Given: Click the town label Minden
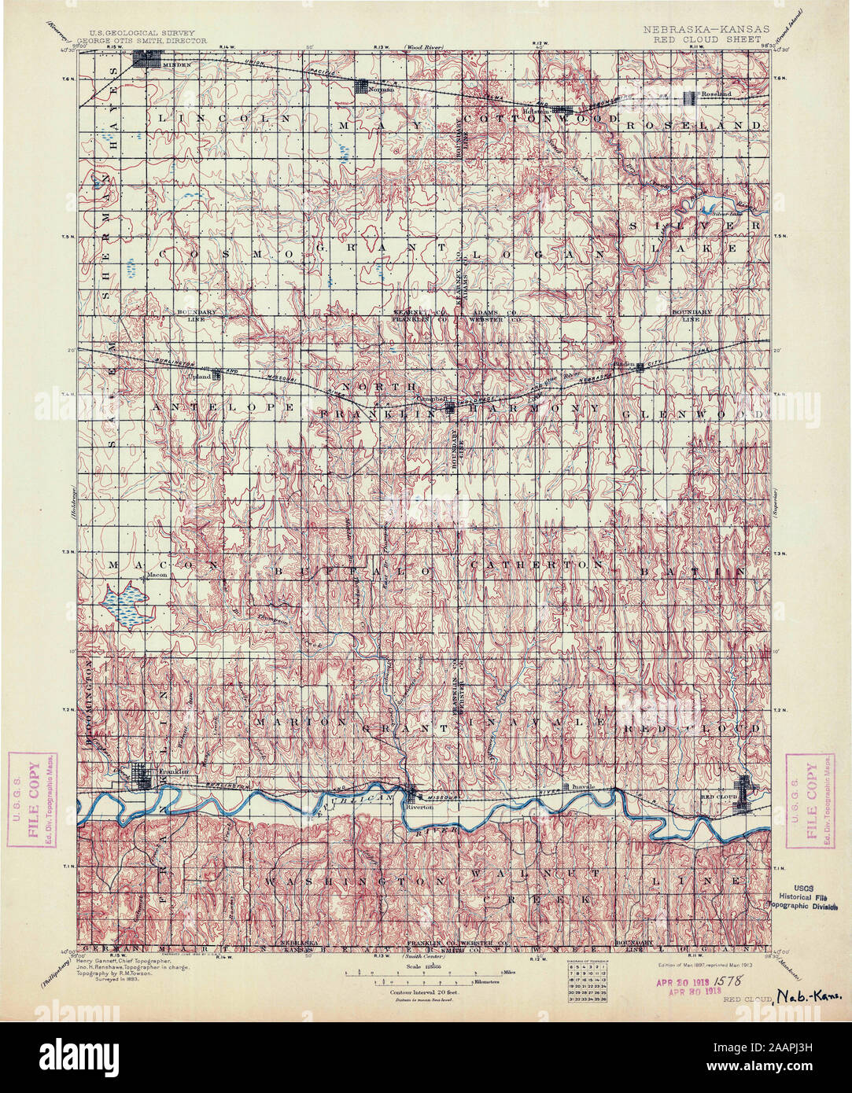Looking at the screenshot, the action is point(172,65).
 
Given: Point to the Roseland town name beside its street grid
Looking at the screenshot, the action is point(716,94).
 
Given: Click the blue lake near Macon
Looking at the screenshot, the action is point(126,605).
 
